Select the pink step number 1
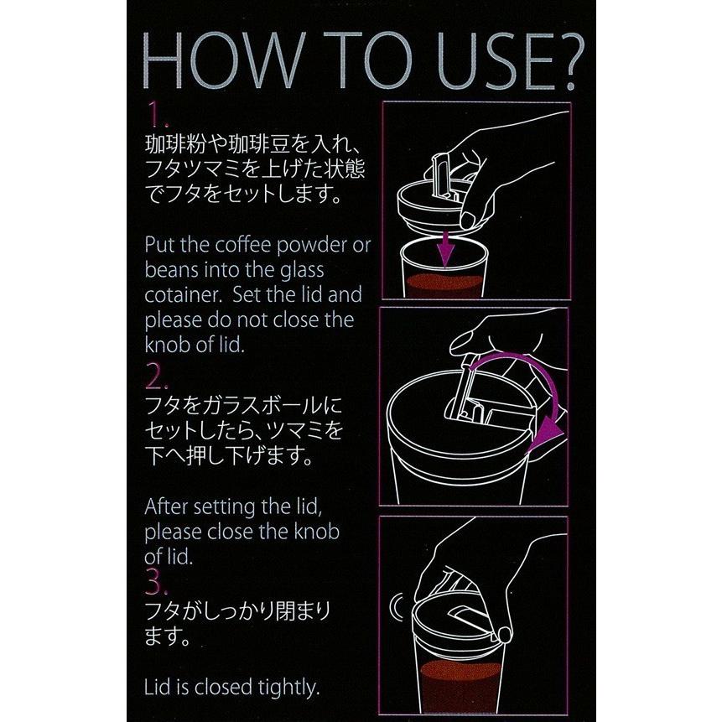(158, 115)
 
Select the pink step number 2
(156, 377)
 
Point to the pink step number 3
(156, 582)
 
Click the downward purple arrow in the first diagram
(445, 249)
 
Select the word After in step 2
(167, 507)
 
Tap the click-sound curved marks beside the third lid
(397, 607)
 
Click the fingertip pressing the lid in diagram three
(505, 635)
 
